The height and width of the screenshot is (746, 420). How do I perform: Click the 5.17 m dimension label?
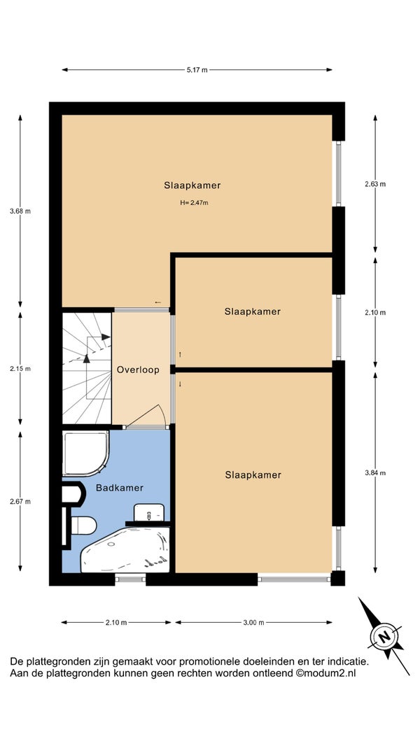197,70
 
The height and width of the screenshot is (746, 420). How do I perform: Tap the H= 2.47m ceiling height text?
194,202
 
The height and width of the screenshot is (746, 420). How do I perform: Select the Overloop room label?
138,370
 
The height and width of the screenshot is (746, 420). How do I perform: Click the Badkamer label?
120,488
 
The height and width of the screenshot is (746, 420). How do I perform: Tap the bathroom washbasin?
149,512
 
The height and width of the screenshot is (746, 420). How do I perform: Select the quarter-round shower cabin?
85,453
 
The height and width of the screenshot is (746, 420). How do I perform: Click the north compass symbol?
384,636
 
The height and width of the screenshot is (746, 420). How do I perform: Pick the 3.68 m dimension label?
20,211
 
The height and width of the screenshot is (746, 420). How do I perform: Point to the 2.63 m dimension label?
374,184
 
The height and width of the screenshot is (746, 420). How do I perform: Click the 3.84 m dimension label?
374,472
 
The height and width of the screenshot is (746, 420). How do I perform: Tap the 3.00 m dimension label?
253,622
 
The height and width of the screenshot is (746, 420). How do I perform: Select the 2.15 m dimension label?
20,368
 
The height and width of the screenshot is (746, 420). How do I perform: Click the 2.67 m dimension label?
20,501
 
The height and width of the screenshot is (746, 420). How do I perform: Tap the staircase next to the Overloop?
87,368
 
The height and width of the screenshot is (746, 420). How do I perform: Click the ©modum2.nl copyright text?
326,673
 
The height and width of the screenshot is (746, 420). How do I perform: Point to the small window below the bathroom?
130,579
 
